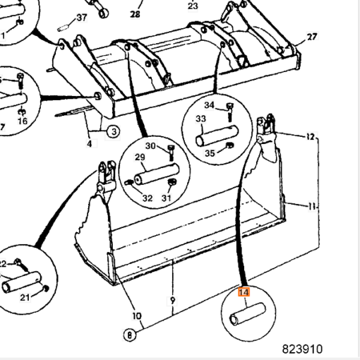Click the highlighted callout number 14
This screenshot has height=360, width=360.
pyautogui.click(x=244, y=292)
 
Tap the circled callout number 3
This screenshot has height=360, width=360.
pyautogui.click(x=114, y=131)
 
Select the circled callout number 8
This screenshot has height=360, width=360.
pyautogui.click(x=130, y=335)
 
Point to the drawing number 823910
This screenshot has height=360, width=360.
pyautogui.click(x=302, y=349)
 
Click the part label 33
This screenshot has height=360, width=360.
pyautogui.click(x=200, y=119)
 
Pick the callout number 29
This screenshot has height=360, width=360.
pyautogui.click(x=140, y=157)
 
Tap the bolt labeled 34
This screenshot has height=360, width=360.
pyautogui.click(x=230, y=112)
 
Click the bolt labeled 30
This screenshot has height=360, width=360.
pyautogui.click(x=172, y=153)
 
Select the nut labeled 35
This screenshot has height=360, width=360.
pyautogui.click(x=229, y=145)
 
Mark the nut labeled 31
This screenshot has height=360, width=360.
pyautogui.click(x=172, y=182)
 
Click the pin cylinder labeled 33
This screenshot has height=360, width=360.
pyautogui.click(x=217, y=136)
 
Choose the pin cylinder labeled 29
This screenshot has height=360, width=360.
pyautogui.click(x=157, y=174)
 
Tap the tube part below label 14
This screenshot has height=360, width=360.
pyautogui.click(x=248, y=314)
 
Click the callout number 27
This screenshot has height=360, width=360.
pyautogui.click(x=312, y=37)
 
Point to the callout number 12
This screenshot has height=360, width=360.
pyautogui.click(x=311, y=136)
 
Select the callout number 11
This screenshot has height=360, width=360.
pyautogui.click(x=312, y=207)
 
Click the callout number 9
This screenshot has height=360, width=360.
pyautogui.click(x=173, y=301)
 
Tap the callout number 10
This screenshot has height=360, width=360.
pyautogui.click(x=137, y=316)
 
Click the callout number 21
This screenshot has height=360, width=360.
pyautogui.click(x=25, y=298)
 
